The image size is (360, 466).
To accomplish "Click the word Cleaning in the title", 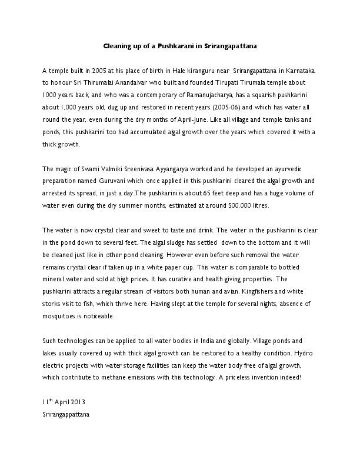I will click(118, 45).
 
